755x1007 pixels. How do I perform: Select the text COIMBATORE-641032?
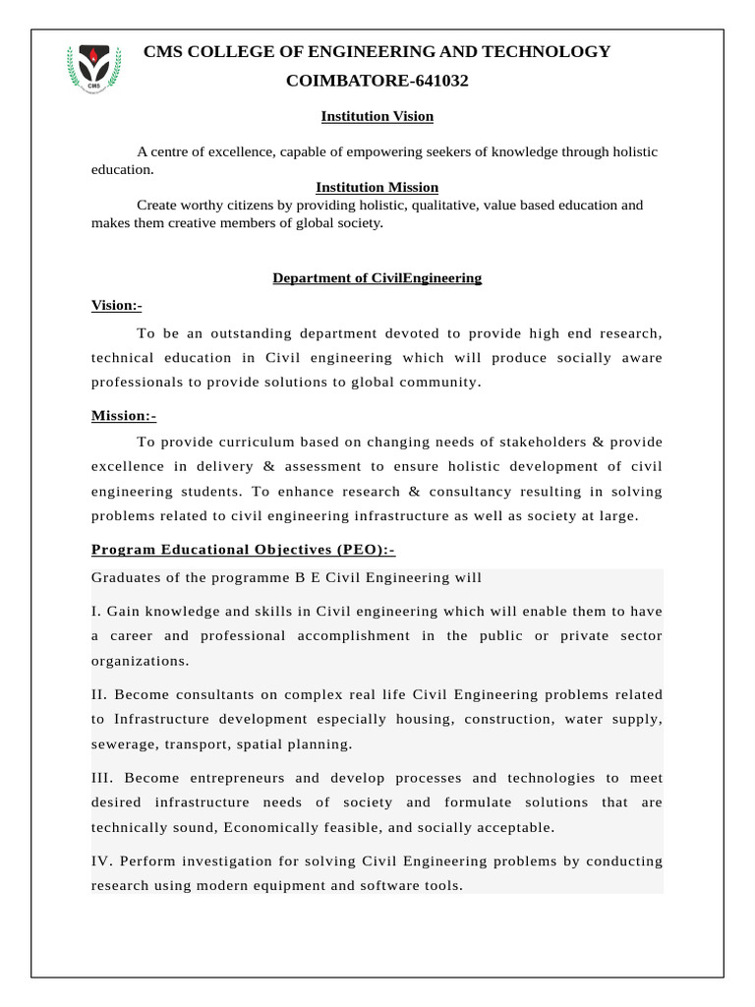point(377,81)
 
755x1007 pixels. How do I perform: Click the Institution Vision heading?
point(377,116)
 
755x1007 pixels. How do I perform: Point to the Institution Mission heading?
point(377,187)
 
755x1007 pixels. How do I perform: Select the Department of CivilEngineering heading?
point(377,278)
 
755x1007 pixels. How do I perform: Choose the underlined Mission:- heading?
point(124,416)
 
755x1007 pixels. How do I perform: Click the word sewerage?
point(123,743)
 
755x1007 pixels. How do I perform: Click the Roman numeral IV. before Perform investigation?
point(102,861)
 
